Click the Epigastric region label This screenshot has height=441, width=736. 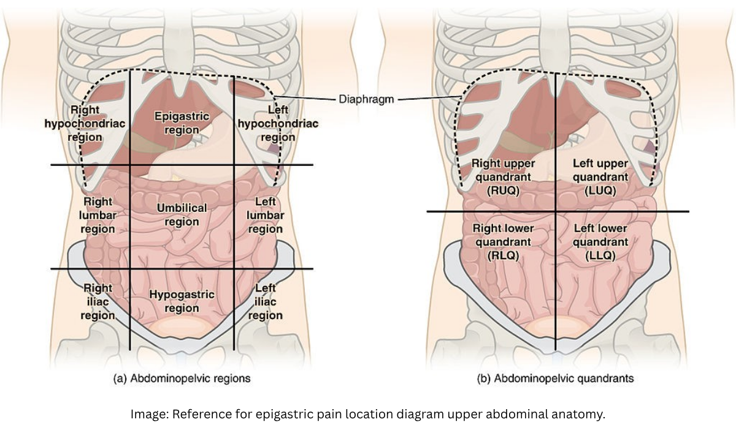pyautogui.click(x=182, y=123)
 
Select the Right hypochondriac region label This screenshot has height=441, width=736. pyautogui.click(x=85, y=123)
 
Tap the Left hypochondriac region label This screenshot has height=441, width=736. pyautogui.click(x=278, y=123)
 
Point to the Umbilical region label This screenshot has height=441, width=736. pyautogui.click(x=182, y=214)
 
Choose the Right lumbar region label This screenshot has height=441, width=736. pyautogui.click(x=98, y=215)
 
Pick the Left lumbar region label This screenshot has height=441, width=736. pyautogui.click(x=265, y=215)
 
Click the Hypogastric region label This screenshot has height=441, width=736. pyautogui.click(x=182, y=301)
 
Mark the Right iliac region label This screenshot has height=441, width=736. pyautogui.click(x=98, y=301)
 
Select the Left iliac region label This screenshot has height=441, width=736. pyautogui.click(x=265, y=301)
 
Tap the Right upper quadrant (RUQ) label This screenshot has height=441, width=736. pyautogui.click(x=503, y=177)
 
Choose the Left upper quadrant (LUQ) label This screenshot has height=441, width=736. pyautogui.click(x=600, y=177)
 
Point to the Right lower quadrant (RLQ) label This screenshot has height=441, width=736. pyautogui.click(x=503, y=242)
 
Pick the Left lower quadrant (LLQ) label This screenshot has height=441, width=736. pyautogui.click(x=600, y=242)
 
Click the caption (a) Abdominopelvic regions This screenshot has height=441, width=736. pyautogui.click(x=182, y=379)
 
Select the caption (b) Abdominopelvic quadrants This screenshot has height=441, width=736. pyautogui.click(x=555, y=379)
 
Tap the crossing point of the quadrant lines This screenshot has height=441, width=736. pyautogui.click(x=556, y=211)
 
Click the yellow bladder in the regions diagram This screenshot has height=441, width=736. pyautogui.click(x=182, y=328)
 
